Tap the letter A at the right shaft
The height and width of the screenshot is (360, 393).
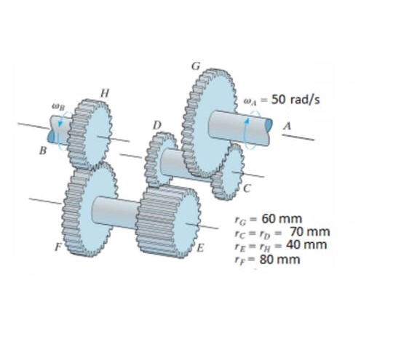pos(287,126)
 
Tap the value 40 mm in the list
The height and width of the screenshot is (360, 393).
pos(304,244)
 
